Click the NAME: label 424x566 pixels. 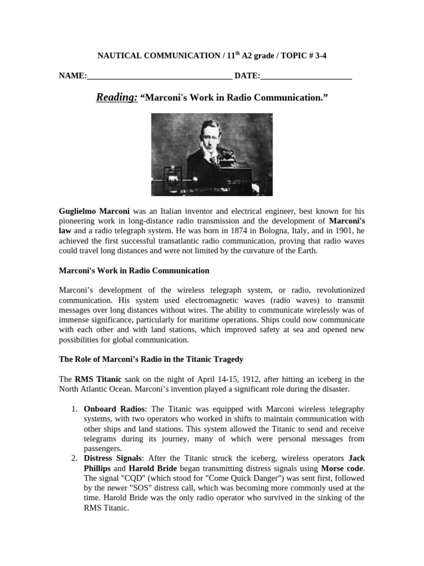[73, 76]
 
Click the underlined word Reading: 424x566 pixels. [116, 98]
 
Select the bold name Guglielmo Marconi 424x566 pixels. [94, 211]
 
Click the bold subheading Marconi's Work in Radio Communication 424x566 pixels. [134, 271]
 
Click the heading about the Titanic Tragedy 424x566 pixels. [151, 359]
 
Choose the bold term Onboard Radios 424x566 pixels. [115, 409]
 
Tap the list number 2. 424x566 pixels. [73, 459]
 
